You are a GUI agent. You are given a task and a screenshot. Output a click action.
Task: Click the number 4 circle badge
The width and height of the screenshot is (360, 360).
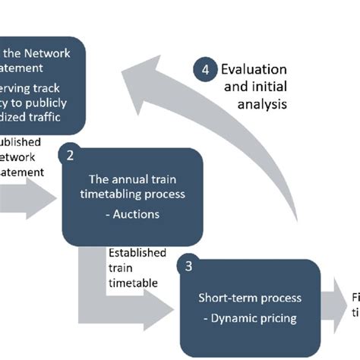coord(204,70)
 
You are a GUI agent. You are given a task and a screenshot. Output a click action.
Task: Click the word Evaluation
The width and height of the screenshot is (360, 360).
coord(254,69)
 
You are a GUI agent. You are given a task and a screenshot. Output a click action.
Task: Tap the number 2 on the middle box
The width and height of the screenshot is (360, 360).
coord(70,156)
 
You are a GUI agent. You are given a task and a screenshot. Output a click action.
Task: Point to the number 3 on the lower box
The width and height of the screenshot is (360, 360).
coord(188,267)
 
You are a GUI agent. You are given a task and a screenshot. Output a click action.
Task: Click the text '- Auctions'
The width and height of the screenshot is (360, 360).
coord(133,214)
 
